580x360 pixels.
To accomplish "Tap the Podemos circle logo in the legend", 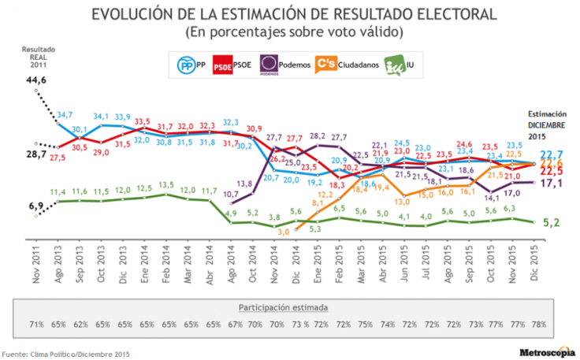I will [269, 63].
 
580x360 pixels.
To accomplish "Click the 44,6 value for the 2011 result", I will [35, 80].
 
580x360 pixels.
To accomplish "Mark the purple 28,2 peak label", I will [319, 135].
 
